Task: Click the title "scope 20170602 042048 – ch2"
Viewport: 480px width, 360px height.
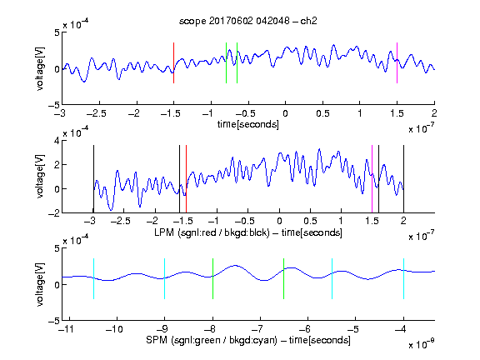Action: tap(248, 21)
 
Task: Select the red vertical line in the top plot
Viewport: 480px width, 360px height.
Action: tap(174, 62)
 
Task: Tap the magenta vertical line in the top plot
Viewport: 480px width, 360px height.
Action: tap(397, 62)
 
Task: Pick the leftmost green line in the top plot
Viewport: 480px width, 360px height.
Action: tap(226, 62)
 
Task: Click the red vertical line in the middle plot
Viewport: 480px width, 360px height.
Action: tap(186, 179)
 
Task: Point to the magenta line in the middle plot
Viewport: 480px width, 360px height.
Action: tap(372, 179)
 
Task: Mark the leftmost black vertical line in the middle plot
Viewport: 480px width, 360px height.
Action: tap(93, 179)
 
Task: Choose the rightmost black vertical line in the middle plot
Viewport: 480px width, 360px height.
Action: tap(403, 179)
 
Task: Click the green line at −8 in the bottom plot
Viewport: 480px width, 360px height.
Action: tap(212, 278)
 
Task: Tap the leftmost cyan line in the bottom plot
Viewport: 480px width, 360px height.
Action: tap(93, 278)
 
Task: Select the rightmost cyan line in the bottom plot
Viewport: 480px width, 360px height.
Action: tap(403, 278)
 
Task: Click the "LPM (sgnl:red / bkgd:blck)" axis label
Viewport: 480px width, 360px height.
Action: tap(212, 232)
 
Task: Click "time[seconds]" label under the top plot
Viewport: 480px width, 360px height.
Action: tap(248, 124)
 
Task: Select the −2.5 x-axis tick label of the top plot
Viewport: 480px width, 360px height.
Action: tap(97, 113)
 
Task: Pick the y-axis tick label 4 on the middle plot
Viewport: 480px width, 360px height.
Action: tap(57, 141)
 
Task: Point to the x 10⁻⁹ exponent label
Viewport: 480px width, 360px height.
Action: tap(422, 344)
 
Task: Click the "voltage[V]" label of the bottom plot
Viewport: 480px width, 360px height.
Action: tap(40, 284)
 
